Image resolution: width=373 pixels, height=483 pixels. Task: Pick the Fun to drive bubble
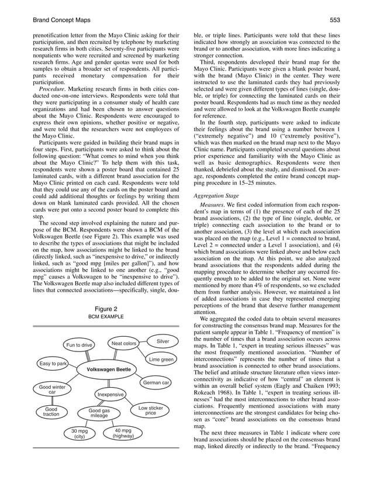[x=79, y=345]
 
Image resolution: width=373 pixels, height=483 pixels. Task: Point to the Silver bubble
[x=163, y=341]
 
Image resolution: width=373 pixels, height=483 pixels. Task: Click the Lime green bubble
[x=161, y=359]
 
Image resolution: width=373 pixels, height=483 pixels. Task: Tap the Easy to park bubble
[x=53, y=364]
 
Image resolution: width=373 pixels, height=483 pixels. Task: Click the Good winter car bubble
[x=51, y=389]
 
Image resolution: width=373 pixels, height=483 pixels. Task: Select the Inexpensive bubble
[x=110, y=395]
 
